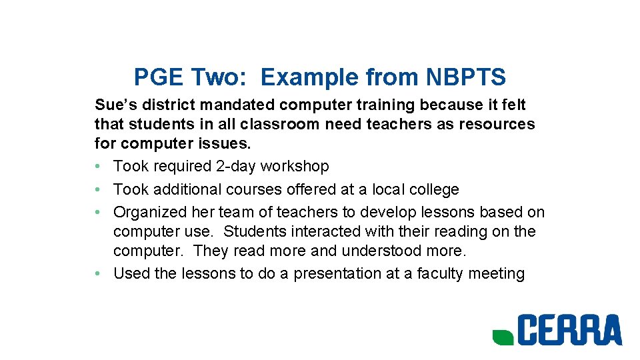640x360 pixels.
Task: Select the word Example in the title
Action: (309, 78)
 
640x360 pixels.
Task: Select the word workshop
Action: (295, 166)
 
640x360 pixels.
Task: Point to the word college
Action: (434, 189)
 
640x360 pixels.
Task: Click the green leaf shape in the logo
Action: (502, 337)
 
